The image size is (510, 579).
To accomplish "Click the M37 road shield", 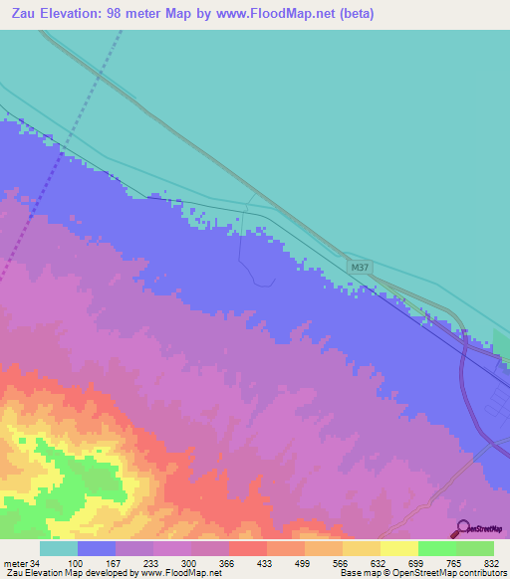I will (x=361, y=268).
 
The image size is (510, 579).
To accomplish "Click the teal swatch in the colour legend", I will (x=58, y=548).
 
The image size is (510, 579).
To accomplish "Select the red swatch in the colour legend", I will (x=247, y=548).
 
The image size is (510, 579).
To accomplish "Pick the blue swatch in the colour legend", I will (x=96, y=548).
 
